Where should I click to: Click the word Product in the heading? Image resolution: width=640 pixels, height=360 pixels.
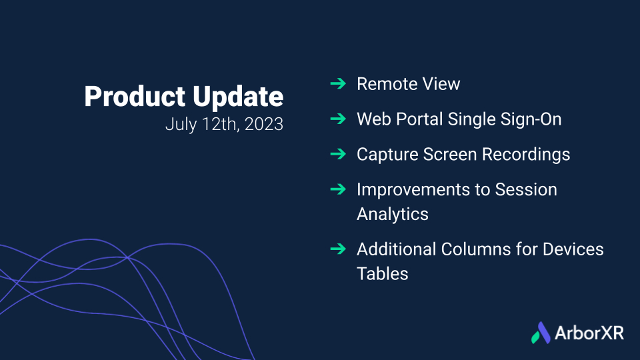click(135, 97)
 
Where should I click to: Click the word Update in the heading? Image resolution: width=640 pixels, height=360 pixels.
click(238, 96)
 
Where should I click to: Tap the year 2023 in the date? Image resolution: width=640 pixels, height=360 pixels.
click(264, 124)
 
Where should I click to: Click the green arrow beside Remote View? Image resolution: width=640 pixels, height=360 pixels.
click(338, 84)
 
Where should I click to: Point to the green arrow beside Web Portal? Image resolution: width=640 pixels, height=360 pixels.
click(338, 119)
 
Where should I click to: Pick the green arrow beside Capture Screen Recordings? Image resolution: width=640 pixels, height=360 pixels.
click(338, 154)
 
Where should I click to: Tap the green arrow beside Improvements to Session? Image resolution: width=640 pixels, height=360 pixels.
click(338, 189)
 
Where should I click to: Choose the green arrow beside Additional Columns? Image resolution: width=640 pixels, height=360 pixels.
click(338, 249)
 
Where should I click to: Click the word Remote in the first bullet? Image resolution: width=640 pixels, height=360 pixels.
click(387, 84)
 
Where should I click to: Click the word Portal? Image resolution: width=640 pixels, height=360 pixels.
click(419, 119)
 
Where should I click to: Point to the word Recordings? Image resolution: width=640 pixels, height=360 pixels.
click(526, 155)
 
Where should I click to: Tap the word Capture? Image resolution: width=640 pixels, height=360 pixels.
click(388, 155)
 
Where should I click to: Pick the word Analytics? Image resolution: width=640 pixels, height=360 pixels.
click(393, 214)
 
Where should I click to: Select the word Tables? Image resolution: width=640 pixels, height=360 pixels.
click(383, 274)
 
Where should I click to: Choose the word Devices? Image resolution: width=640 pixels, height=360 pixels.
click(573, 249)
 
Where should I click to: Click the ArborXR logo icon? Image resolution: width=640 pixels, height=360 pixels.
click(541, 333)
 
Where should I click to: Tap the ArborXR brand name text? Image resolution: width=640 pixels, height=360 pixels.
click(589, 333)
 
